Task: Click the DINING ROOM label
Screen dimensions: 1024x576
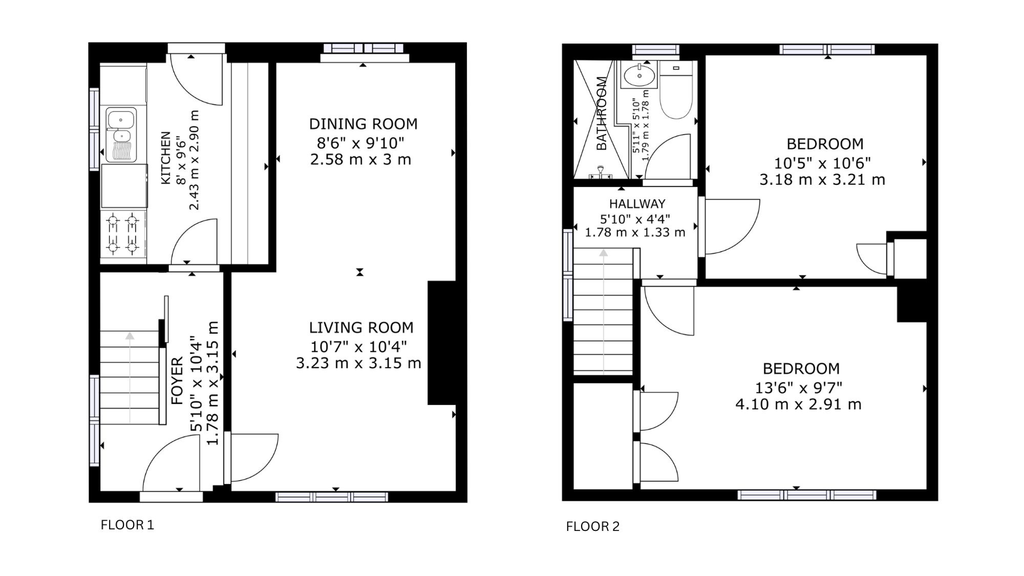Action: (x=363, y=124)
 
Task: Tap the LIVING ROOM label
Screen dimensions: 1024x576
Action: (x=361, y=328)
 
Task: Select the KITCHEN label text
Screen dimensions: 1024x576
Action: (x=166, y=158)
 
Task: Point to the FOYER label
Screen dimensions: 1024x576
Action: (x=177, y=381)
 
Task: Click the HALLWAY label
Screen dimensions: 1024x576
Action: (x=637, y=204)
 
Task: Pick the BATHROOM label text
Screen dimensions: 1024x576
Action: (x=602, y=113)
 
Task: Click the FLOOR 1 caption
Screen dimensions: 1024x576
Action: (x=127, y=525)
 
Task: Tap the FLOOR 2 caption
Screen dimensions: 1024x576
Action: (x=592, y=526)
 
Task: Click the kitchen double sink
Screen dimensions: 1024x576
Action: (x=121, y=135)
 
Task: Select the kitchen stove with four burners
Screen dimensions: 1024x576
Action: (x=123, y=234)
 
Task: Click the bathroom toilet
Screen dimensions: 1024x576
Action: (x=676, y=90)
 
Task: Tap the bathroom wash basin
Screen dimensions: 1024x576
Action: (x=639, y=76)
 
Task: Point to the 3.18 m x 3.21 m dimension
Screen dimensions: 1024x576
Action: (x=822, y=180)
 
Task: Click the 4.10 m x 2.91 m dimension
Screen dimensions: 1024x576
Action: (x=798, y=404)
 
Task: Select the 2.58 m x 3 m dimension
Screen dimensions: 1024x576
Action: (x=360, y=159)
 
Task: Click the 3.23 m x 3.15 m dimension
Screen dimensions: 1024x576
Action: (x=358, y=363)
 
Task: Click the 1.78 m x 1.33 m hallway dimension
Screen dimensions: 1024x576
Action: (x=635, y=232)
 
